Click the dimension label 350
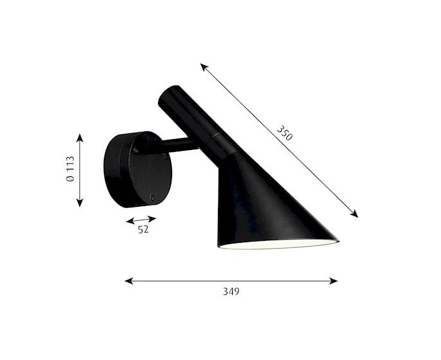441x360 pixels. [x=285, y=133]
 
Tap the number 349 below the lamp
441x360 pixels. [x=231, y=292]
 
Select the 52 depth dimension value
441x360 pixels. [x=143, y=230]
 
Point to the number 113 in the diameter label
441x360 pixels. [x=70, y=164]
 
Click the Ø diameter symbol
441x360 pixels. [x=70, y=178]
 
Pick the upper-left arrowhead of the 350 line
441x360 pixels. [x=204, y=67]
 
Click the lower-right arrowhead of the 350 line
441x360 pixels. [x=355, y=214]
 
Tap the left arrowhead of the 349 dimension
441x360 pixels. [x=128, y=281]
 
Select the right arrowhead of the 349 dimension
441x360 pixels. [x=333, y=281]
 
